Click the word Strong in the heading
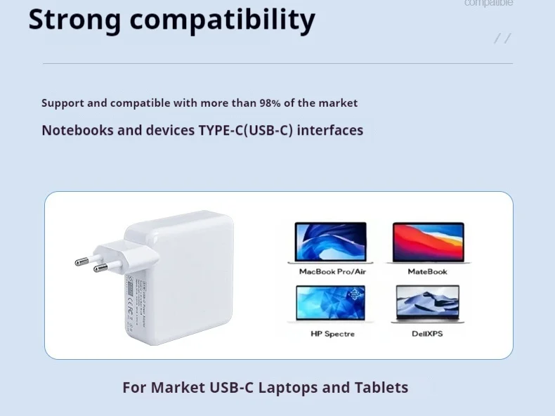click(x=74, y=20)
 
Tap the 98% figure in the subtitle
click(x=270, y=103)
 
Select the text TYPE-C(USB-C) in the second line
click(x=246, y=130)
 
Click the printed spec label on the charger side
click(x=133, y=302)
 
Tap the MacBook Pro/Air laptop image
click(x=330, y=242)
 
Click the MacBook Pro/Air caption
click(x=332, y=271)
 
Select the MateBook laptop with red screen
click(x=428, y=242)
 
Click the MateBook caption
click(x=427, y=271)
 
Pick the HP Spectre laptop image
click(x=330, y=304)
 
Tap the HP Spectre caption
click(x=332, y=334)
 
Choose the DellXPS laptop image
click(x=427, y=304)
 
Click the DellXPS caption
click(x=427, y=334)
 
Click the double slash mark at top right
click(x=502, y=38)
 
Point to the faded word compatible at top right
click(x=488, y=4)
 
